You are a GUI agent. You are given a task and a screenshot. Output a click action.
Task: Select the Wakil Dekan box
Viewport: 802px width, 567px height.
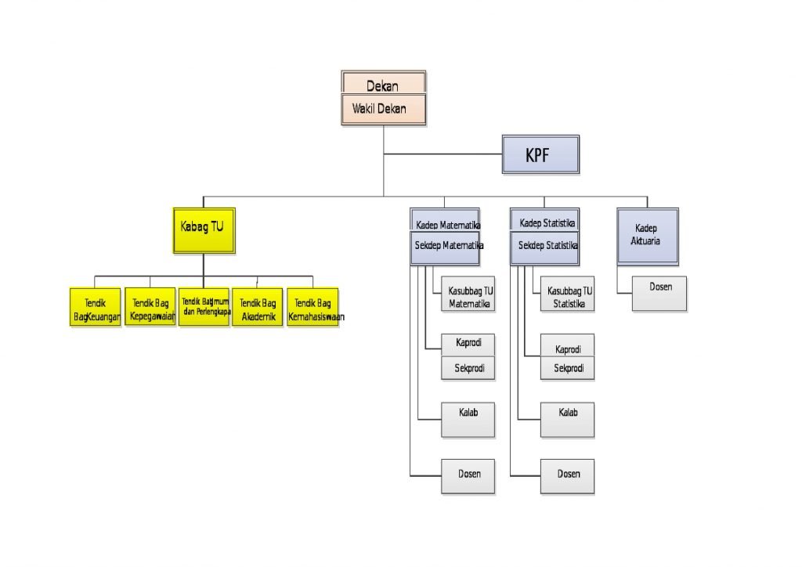click(x=384, y=110)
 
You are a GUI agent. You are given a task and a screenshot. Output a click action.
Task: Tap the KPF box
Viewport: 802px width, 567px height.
click(x=540, y=154)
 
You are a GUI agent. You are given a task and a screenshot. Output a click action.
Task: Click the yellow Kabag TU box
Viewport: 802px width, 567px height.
click(x=203, y=229)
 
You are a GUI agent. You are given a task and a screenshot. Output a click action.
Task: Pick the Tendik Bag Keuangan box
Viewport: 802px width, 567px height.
click(x=95, y=307)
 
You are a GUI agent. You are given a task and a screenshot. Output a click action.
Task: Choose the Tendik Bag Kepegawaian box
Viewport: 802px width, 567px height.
click(x=150, y=307)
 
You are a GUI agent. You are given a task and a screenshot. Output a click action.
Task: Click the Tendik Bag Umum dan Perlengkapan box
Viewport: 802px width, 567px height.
click(x=204, y=306)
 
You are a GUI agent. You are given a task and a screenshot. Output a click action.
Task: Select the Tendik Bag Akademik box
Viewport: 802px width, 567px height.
click(x=257, y=307)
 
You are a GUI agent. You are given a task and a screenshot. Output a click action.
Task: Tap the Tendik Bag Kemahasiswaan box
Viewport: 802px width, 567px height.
click(x=312, y=307)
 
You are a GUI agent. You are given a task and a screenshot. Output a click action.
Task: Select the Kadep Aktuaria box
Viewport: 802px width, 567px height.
click(x=647, y=236)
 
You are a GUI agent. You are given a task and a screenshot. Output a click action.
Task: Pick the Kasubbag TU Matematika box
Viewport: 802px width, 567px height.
click(x=468, y=296)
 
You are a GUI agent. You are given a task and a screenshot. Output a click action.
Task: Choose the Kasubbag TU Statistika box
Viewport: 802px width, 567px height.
click(x=567, y=296)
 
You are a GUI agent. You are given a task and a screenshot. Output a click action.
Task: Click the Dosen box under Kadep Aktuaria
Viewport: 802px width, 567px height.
click(x=659, y=294)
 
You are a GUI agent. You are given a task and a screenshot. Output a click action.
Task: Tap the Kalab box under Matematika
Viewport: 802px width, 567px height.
click(x=468, y=419)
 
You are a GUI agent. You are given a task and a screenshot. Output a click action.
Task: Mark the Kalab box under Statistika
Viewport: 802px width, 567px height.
click(x=567, y=419)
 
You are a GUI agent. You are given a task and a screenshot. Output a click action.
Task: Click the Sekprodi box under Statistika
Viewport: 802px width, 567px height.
click(x=567, y=369)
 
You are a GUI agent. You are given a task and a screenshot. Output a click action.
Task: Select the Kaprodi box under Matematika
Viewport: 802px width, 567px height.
click(x=468, y=344)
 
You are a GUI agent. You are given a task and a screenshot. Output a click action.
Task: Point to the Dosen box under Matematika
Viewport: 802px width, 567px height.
click(x=468, y=476)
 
